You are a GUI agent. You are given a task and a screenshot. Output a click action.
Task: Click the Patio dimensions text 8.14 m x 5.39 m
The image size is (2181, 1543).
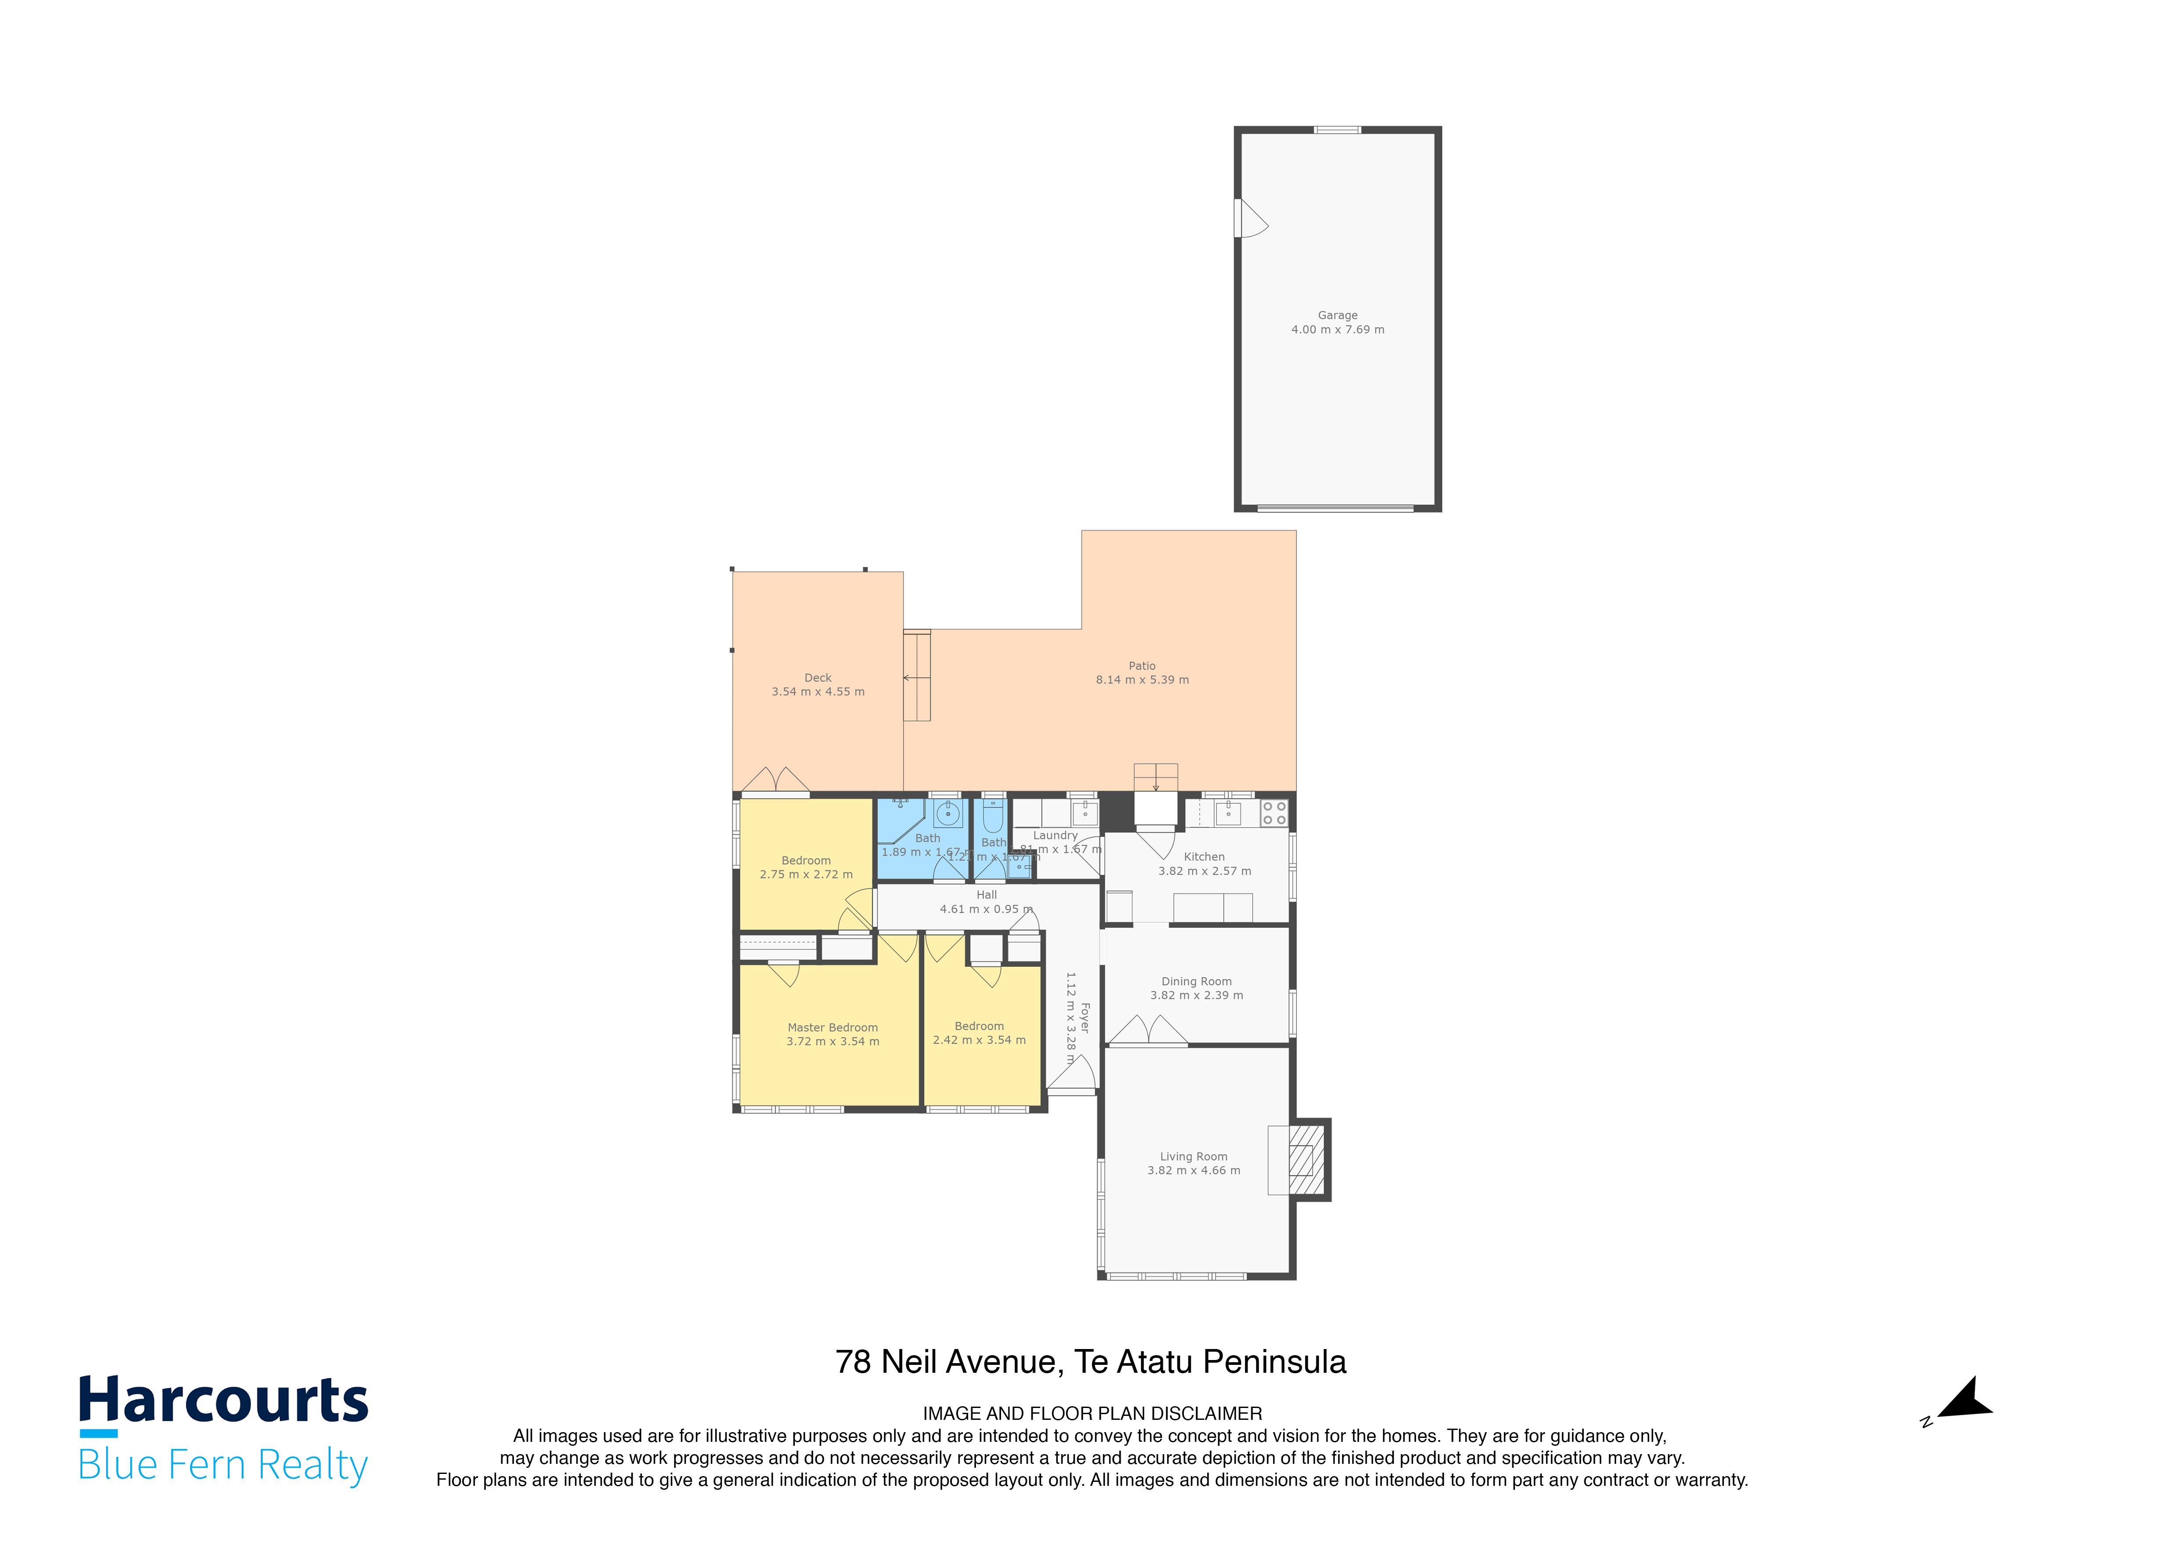pyautogui.click(x=1142, y=680)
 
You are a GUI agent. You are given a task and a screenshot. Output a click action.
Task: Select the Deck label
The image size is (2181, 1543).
pyautogui.click(x=818, y=677)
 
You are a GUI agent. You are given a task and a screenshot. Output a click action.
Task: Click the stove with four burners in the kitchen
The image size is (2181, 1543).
pyautogui.click(x=1274, y=813)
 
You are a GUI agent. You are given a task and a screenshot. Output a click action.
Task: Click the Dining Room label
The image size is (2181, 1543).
pyautogui.click(x=1196, y=981)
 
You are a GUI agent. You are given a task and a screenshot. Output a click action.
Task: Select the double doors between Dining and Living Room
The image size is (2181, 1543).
pyautogui.click(x=1147, y=1031)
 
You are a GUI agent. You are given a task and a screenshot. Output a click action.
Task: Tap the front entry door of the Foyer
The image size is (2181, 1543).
pyautogui.click(x=1074, y=1074)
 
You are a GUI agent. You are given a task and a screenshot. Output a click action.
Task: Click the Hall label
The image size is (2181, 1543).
pyautogui.click(x=987, y=895)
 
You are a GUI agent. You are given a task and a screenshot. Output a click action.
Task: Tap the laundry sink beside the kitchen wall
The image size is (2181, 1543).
pyautogui.click(x=1084, y=813)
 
